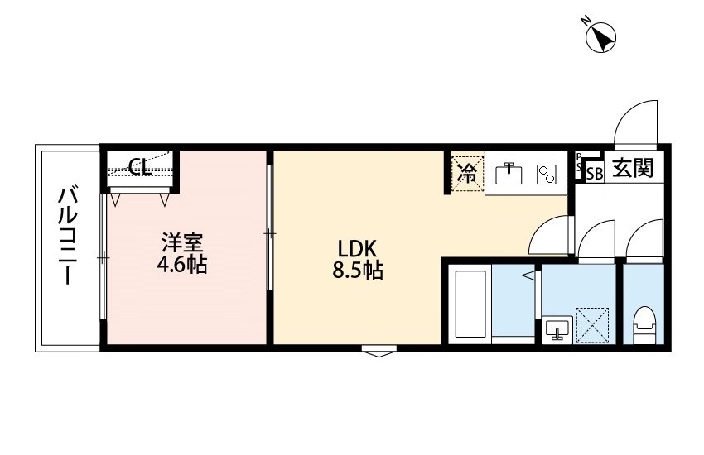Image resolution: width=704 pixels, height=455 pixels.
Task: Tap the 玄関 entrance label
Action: click(x=633, y=169)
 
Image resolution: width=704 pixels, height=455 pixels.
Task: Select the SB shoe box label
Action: click(x=594, y=172)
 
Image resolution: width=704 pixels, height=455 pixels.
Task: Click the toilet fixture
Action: click(x=643, y=325)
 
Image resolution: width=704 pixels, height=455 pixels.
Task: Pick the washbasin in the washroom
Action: click(x=556, y=330)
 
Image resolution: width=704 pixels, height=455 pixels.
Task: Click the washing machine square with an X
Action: click(x=592, y=324)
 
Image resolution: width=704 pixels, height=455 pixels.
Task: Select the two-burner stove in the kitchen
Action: click(x=547, y=175)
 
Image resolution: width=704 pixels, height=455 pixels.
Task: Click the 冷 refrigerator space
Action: click(x=466, y=173)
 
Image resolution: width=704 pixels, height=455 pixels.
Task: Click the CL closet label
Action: click(x=139, y=168)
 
